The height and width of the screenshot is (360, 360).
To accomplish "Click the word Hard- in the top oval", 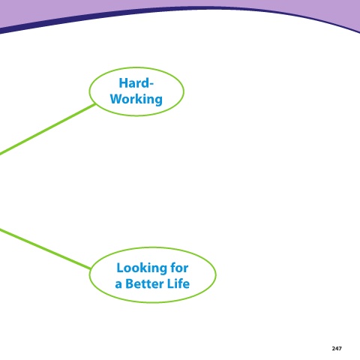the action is click(x=136, y=83).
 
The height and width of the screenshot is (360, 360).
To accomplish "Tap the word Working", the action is click(x=136, y=99).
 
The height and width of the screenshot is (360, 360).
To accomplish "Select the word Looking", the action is click(x=142, y=268).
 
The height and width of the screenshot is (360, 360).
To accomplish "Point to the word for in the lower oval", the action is click(x=179, y=268).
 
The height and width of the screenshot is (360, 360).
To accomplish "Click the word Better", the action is click(x=145, y=283).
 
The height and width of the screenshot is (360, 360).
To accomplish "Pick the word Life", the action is click(x=179, y=283).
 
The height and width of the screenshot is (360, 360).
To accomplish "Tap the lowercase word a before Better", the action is click(x=118, y=285).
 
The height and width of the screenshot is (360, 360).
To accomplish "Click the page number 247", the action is click(x=337, y=348).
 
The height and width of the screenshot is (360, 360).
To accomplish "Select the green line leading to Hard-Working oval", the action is click(x=47, y=130).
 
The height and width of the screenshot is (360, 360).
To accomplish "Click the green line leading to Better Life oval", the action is click(x=46, y=249).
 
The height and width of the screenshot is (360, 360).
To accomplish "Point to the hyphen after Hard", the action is click(x=151, y=85).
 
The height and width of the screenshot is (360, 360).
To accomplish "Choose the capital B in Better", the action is click(x=130, y=283).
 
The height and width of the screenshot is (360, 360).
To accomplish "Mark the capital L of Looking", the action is click(x=120, y=268).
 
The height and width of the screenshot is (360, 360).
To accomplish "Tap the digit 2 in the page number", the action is click(x=334, y=348).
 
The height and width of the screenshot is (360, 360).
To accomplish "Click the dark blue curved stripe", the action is click(x=180, y=10).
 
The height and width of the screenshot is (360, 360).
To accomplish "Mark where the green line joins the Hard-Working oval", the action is click(x=94, y=104).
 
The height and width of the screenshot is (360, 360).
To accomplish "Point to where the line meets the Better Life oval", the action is click(x=91, y=268).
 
